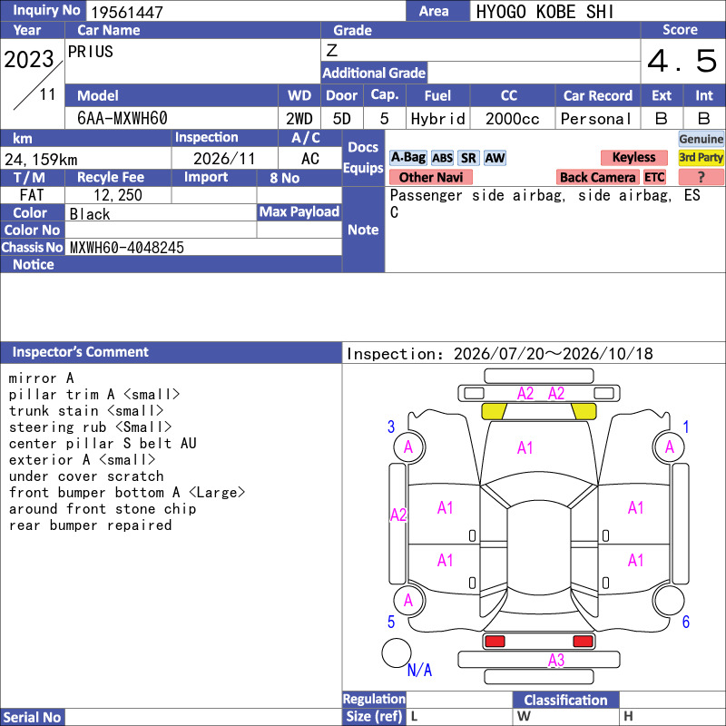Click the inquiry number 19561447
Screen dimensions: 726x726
click(x=127, y=12)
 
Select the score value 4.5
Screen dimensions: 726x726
click(x=682, y=61)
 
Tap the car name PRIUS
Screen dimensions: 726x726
click(x=90, y=52)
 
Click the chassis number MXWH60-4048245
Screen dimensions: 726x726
click(x=127, y=248)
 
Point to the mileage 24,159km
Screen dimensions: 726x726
click(x=41, y=160)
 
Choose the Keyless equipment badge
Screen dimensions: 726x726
click(x=633, y=157)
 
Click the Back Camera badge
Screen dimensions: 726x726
click(x=597, y=177)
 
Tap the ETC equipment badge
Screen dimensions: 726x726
click(x=654, y=177)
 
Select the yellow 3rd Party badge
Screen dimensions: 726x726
click(x=701, y=157)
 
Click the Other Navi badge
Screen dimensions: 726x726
click(x=430, y=177)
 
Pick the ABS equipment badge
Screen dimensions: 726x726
click(x=442, y=158)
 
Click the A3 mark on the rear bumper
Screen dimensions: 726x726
click(x=556, y=660)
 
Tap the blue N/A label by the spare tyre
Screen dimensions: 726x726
click(x=419, y=670)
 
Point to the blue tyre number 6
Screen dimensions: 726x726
click(x=686, y=622)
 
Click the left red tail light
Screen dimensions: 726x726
click(x=495, y=642)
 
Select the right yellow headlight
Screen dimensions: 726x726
click(x=584, y=411)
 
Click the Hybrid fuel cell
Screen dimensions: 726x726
click(x=437, y=119)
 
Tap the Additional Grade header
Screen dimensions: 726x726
click(x=374, y=73)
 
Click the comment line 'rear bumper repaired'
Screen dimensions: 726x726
click(x=90, y=525)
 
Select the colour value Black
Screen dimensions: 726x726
click(x=90, y=214)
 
